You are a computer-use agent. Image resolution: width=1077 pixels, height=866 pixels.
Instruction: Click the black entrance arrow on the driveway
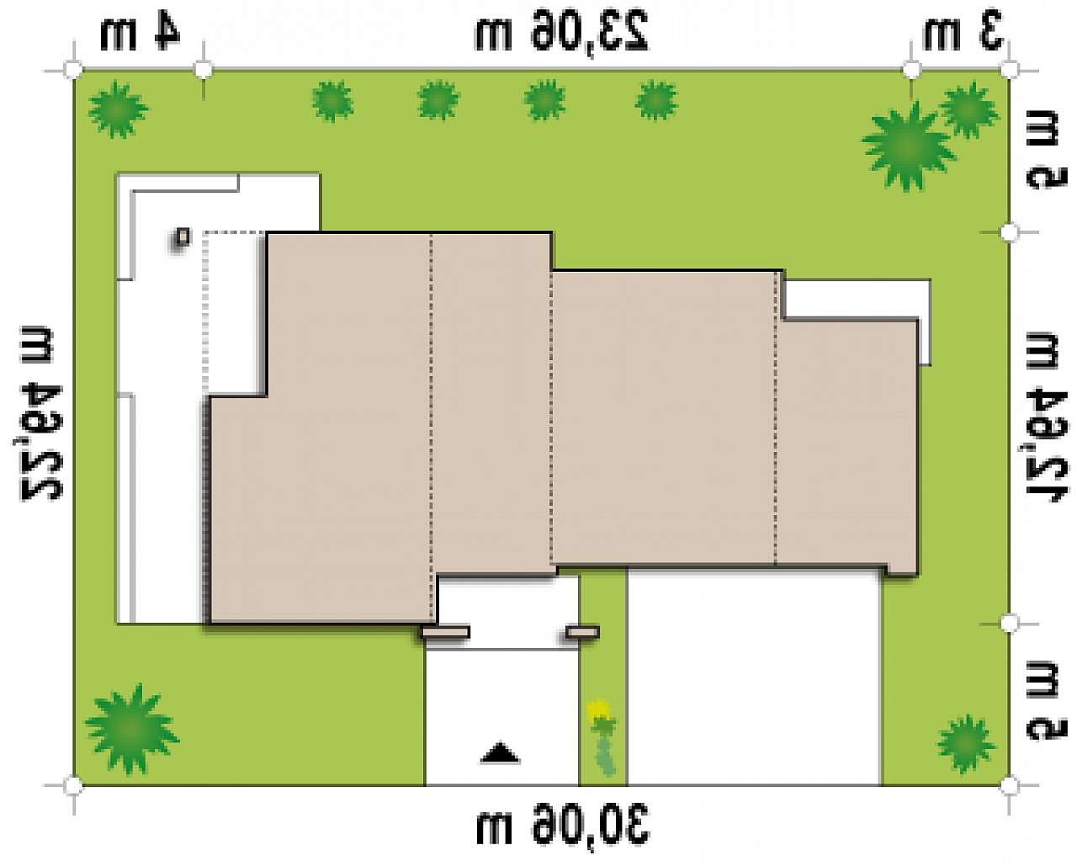(x=500, y=753)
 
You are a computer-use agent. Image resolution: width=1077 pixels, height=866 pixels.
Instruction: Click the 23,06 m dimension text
(x=561, y=31)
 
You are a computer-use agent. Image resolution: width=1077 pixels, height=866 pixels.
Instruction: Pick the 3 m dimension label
(x=963, y=34)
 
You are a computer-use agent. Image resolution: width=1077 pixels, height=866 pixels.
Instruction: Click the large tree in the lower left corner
(x=131, y=728)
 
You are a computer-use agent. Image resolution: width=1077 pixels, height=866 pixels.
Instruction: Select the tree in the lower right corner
(x=966, y=744)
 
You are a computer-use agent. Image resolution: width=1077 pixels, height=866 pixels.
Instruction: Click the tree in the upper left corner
(x=118, y=109)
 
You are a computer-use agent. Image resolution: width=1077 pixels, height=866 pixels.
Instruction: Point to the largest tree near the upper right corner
(x=907, y=147)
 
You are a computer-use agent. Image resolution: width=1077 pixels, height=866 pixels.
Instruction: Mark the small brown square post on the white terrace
(x=183, y=236)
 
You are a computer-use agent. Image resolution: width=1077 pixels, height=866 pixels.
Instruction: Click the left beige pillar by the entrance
(x=445, y=632)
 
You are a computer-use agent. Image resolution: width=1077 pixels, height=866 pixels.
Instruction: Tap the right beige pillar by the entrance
(x=582, y=632)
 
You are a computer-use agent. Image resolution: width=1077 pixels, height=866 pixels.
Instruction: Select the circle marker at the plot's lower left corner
(x=73, y=785)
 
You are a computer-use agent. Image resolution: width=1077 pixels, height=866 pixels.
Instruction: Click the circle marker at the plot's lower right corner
(x=1010, y=785)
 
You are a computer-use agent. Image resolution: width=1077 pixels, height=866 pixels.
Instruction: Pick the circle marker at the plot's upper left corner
(x=73, y=70)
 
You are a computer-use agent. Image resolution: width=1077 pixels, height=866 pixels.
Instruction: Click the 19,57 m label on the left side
(x=40, y=412)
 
